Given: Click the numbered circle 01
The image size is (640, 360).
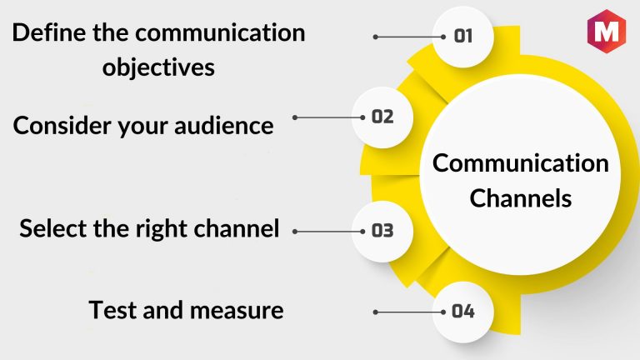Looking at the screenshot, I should pyautogui.click(x=463, y=36).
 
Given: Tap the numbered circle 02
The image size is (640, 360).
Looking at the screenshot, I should pyautogui.click(x=382, y=117).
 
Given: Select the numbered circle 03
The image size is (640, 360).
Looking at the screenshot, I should pyautogui.click(x=382, y=231).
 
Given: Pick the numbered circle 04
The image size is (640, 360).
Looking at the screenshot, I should pyautogui.click(x=463, y=312).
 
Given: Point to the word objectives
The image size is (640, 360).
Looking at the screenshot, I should pyautogui.click(x=158, y=67).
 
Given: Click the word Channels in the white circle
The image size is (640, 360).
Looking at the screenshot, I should pyautogui.click(x=520, y=199).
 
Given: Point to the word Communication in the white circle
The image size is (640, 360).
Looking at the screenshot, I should pyautogui.click(x=520, y=163).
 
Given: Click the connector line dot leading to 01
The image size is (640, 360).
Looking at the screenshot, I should pyautogui.click(x=377, y=37).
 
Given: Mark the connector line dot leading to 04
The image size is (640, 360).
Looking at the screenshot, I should pyautogui.click(x=377, y=312).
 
